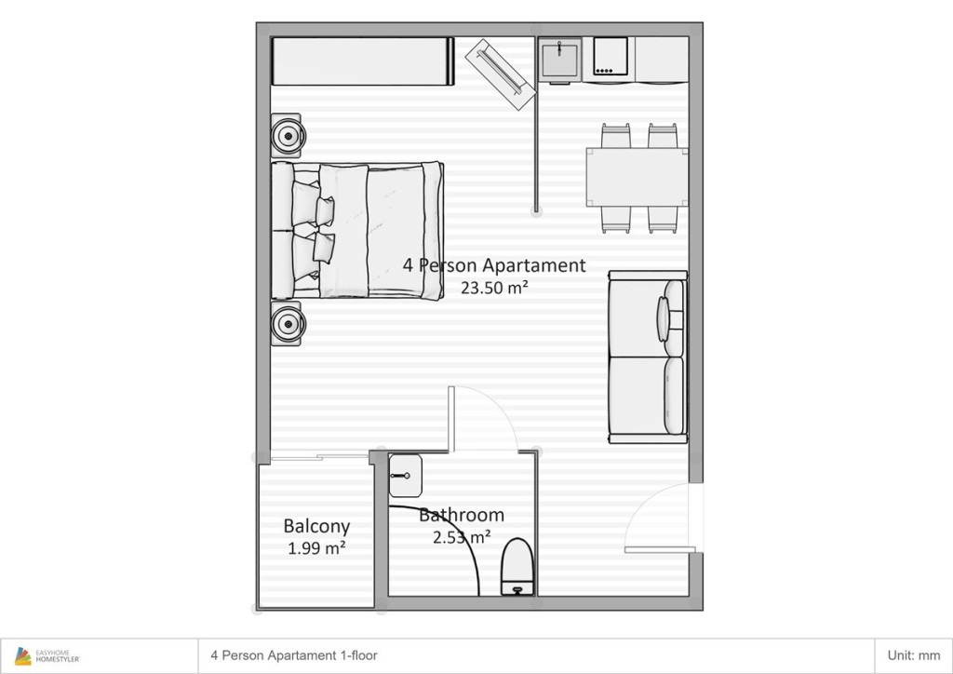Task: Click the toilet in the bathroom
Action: (x=517, y=566)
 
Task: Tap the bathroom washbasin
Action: (x=405, y=476)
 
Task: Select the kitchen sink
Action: (x=560, y=60)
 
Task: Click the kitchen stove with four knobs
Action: (x=611, y=59)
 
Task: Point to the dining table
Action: (x=637, y=177)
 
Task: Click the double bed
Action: (x=356, y=230)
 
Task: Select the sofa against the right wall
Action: (x=648, y=357)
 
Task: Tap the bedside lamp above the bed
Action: (x=287, y=136)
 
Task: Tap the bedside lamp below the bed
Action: (x=287, y=324)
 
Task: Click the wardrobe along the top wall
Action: (x=363, y=61)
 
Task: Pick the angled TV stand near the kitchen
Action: (x=500, y=74)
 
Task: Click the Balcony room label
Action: (x=316, y=526)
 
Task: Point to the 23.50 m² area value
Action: (x=494, y=288)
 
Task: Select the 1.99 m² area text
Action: (x=316, y=548)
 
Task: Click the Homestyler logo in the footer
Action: (x=47, y=655)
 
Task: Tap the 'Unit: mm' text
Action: (x=914, y=655)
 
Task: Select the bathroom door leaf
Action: (x=451, y=419)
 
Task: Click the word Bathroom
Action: (x=462, y=515)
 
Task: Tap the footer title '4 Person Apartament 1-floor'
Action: (x=294, y=655)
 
